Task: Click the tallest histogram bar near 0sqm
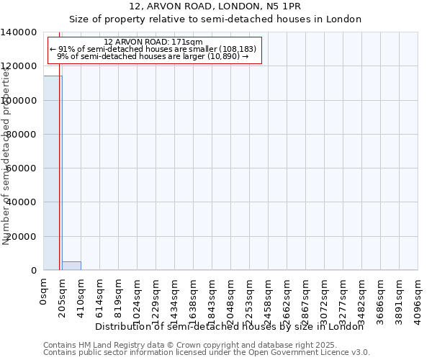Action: [x=52, y=173]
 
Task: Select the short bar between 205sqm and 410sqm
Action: [x=71, y=266]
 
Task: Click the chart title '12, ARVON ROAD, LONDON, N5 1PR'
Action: [x=215, y=6]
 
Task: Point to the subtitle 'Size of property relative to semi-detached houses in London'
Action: [x=215, y=19]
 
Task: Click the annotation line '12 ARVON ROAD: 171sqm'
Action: [x=153, y=42]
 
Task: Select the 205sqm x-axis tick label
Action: [x=62, y=297]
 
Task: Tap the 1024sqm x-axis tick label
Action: [x=137, y=300]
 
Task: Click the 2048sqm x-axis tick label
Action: [x=230, y=300]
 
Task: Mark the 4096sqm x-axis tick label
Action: [x=418, y=300]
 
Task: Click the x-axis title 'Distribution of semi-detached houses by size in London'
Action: [x=230, y=327]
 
